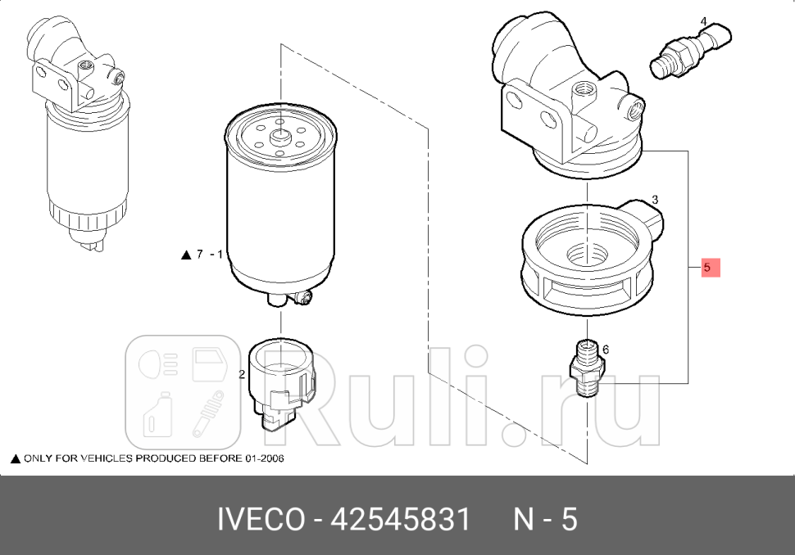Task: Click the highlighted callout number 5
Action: click(710, 268)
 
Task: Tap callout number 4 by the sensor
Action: click(703, 20)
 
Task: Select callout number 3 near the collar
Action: click(655, 199)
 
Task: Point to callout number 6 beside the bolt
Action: click(606, 350)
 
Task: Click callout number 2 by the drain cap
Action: click(242, 375)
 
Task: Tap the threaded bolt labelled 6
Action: click(584, 369)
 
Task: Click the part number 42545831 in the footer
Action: click(401, 520)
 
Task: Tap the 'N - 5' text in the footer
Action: click(545, 520)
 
